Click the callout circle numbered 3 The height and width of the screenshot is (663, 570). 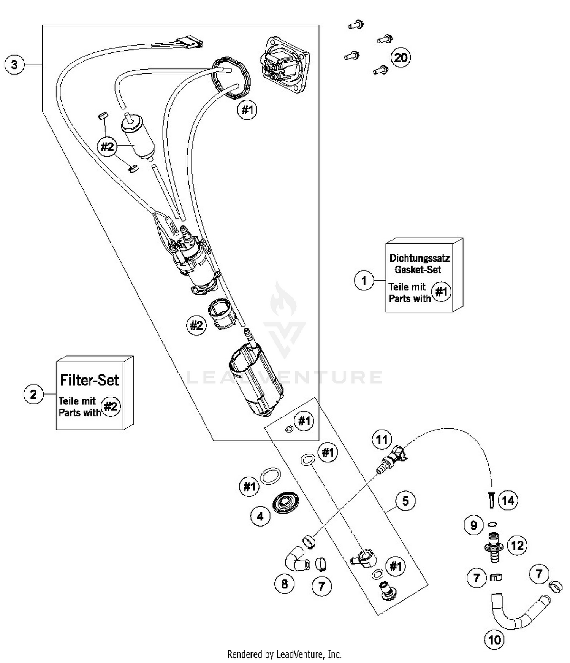[x=14, y=64]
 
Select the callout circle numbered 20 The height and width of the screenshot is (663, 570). [x=401, y=58]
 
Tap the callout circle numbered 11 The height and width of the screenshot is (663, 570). [x=382, y=439]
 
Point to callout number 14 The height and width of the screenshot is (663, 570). [x=508, y=500]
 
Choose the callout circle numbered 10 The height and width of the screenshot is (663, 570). [x=494, y=640]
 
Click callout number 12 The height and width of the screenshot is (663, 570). [x=517, y=546]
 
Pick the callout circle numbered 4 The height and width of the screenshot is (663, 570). [x=260, y=516]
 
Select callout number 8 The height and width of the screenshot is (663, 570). [x=285, y=584]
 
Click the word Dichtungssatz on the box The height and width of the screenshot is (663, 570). [x=420, y=258]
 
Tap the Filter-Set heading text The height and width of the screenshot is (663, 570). [x=90, y=380]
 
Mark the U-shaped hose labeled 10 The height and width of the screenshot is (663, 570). [x=517, y=615]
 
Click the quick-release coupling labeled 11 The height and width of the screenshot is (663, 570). [x=391, y=458]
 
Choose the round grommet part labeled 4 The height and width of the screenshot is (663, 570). [x=285, y=504]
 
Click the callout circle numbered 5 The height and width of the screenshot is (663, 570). [x=405, y=501]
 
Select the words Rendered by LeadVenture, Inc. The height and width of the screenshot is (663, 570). [x=284, y=654]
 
